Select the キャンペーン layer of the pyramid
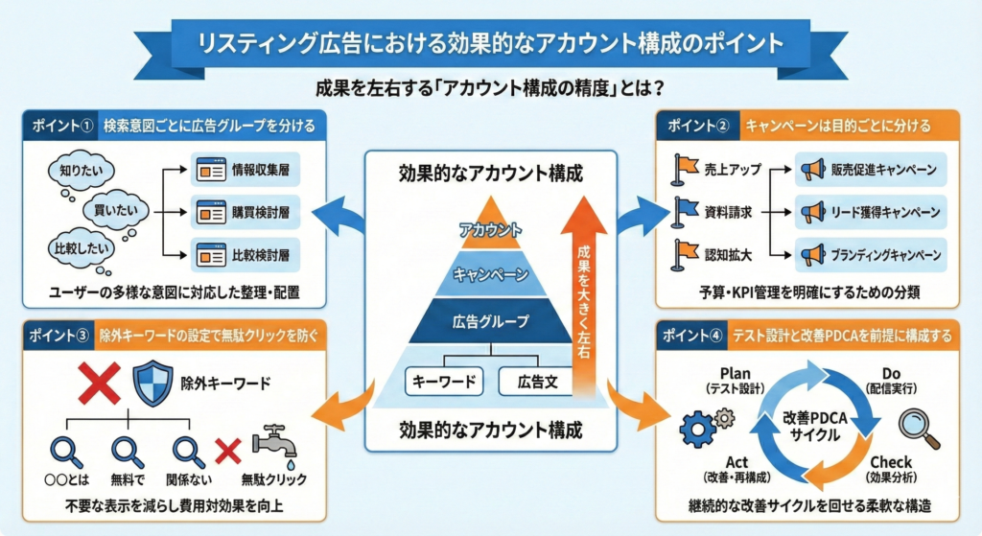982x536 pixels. pos(490,274)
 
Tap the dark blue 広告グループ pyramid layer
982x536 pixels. pos(490,322)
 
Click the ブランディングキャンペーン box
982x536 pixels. pos(871,255)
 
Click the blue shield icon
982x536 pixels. pos(152,384)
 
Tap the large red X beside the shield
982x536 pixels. pos(99,384)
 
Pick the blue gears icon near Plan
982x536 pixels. pos(704,426)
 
